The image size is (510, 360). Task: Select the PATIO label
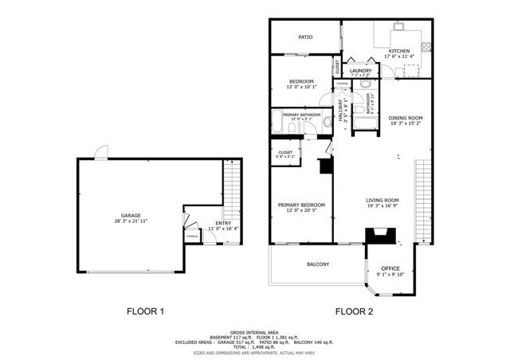(x=305, y=37)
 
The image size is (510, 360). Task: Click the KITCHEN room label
(x=398, y=51)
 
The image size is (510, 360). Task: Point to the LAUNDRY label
(x=360, y=71)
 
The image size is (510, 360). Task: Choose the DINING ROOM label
(x=406, y=118)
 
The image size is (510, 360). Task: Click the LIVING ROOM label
(x=382, y=200)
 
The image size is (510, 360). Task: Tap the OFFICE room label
(x=390, y=268)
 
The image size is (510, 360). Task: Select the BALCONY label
(x=318, y=264)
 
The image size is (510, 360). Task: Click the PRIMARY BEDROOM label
(x=300, y=205)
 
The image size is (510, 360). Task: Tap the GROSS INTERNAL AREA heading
(x=254, y=332)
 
